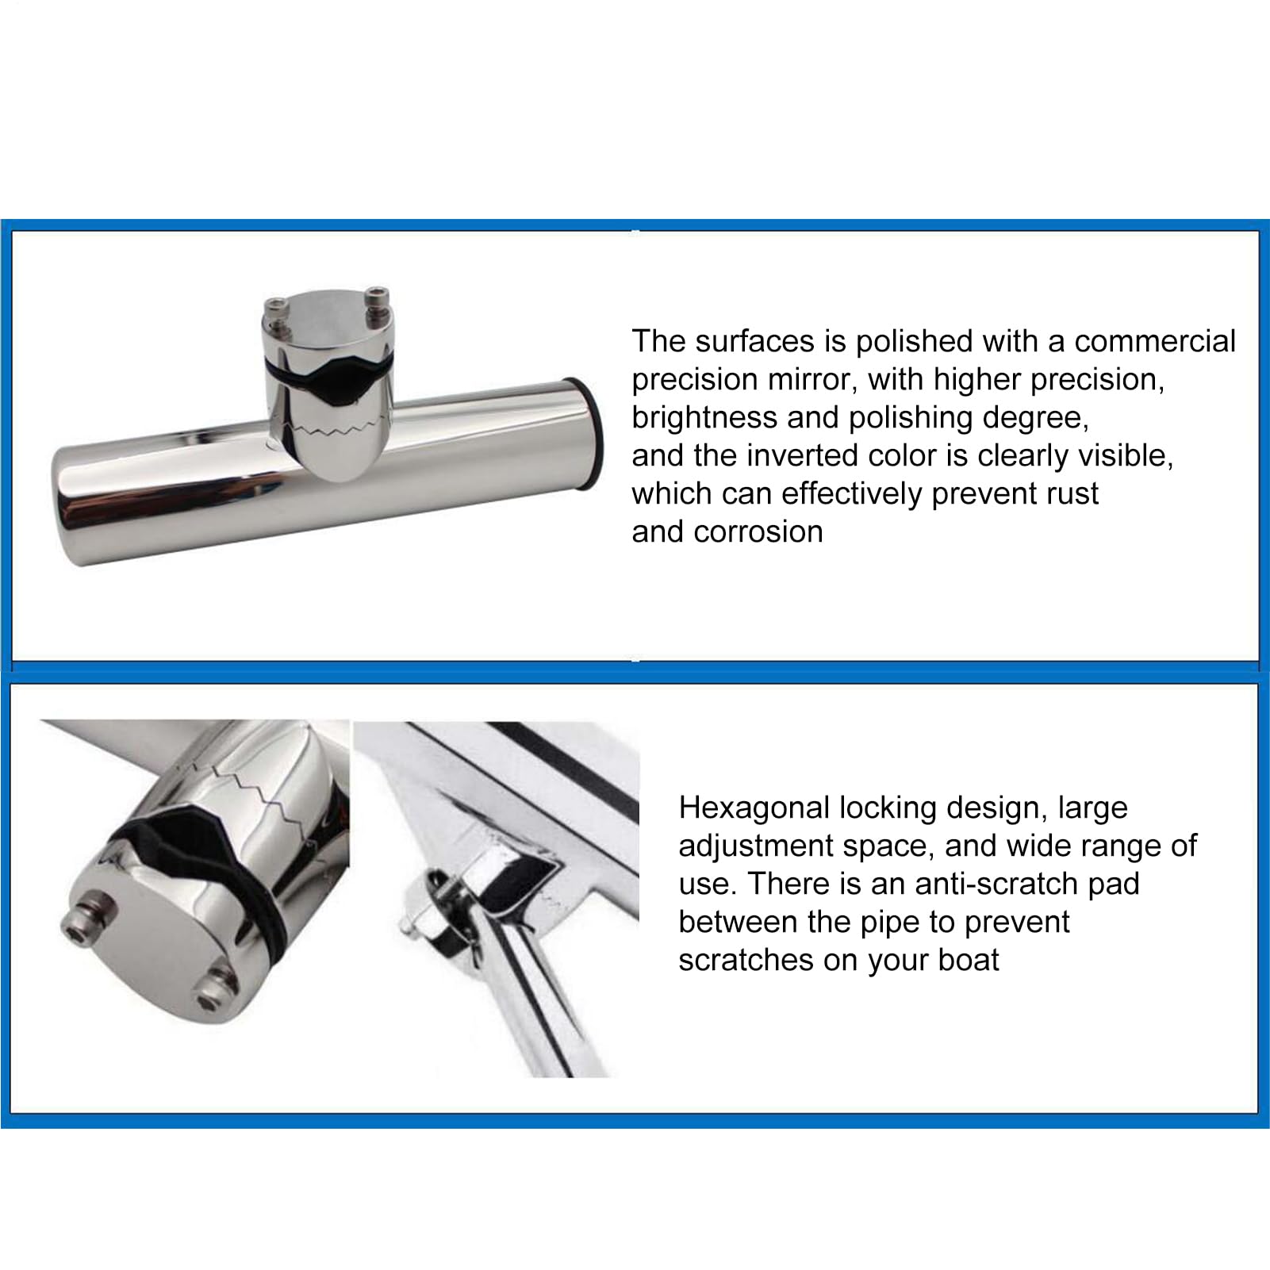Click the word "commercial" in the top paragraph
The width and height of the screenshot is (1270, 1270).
click(x=1155, y=341)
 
